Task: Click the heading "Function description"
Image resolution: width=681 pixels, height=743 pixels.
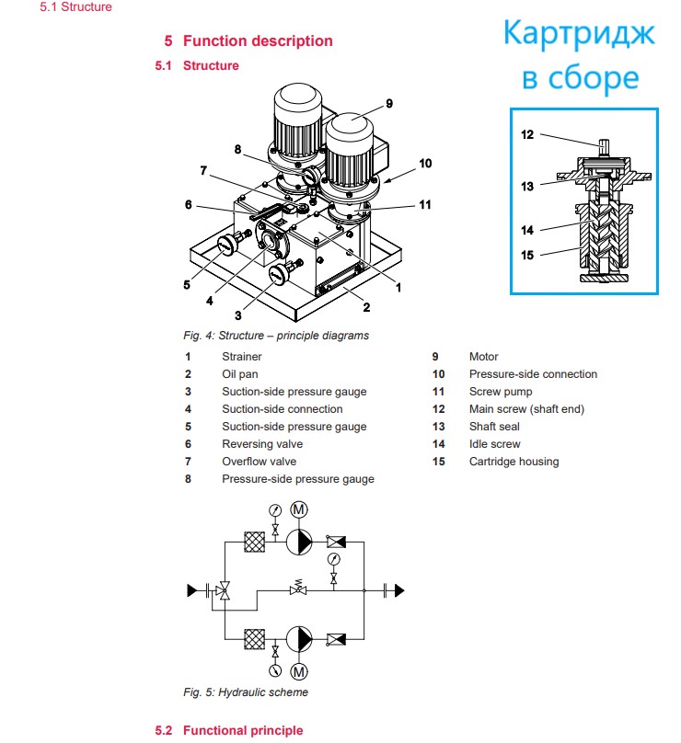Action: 258,40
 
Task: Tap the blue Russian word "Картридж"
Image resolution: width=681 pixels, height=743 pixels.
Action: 580,35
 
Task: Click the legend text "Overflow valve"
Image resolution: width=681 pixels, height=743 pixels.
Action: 259,462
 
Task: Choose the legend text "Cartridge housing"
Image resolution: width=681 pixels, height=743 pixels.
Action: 514,462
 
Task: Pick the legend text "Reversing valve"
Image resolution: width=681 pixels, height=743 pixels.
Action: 261,444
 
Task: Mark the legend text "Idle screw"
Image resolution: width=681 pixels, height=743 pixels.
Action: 494,444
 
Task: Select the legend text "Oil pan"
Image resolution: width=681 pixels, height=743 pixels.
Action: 239,374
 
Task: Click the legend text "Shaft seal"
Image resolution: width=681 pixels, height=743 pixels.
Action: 495,427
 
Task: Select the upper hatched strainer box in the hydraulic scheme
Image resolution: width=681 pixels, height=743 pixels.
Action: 255,543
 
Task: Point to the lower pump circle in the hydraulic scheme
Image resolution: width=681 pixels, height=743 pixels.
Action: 299,639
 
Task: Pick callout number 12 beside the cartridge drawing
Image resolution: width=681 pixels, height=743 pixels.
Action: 527,134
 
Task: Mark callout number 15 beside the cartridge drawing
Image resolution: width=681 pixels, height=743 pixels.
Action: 527,255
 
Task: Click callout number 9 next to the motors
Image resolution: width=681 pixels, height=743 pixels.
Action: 389,103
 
